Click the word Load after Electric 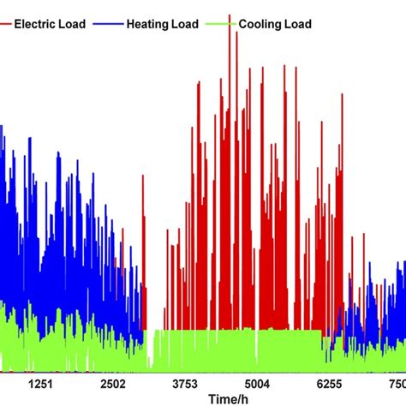coord(73,25)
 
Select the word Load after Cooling coord(296,25)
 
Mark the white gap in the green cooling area coord(153,351)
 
